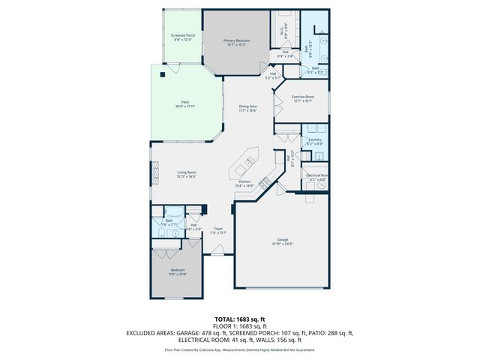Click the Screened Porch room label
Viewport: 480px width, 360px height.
tap(183, 37)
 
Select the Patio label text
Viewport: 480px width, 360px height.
tap(184, 103)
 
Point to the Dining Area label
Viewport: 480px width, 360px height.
tap(248, 108)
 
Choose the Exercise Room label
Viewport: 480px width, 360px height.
tap(302, 98)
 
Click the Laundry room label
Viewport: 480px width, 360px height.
tap(315, 142)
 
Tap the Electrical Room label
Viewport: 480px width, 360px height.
tap(316, 177)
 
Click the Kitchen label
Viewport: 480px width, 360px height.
tap(244, 183)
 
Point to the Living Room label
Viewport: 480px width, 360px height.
tap(187, 175)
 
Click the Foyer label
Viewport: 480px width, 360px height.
tap(218, 230)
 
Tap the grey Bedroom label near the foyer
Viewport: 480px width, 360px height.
tap(177, 271)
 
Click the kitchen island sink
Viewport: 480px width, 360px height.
tap(248, 160)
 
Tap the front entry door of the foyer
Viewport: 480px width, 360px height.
tap(217, 253)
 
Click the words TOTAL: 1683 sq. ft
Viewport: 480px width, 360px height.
tap(240, 319)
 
